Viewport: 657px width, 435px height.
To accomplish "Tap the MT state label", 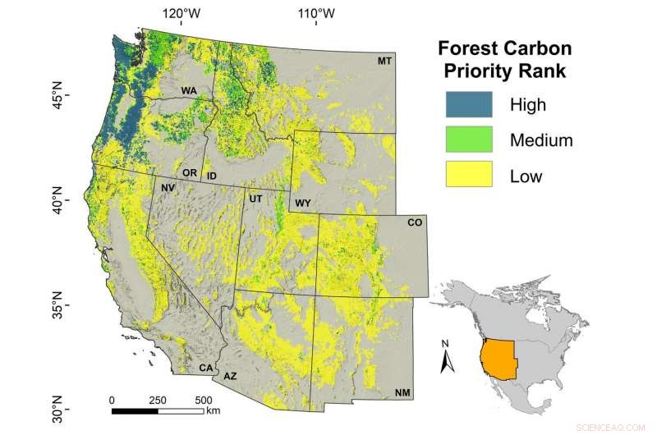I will click(x=384, y=62).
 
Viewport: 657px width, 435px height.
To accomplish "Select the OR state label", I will click(x=190, y=173).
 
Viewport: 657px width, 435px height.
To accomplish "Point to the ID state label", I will click(x=211, y=176).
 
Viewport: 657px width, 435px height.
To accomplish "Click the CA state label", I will click(x=206, y=368).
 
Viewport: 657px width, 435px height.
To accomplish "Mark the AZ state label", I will click(x=230, y=376).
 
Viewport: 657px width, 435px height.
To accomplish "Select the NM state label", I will click(x=402, y=393).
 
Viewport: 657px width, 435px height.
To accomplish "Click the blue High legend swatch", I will click(x=467, y=104).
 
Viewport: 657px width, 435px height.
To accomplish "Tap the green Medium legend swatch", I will click(x=467, y=139).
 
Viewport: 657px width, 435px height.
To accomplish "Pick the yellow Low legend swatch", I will click(x=467, y=174).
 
